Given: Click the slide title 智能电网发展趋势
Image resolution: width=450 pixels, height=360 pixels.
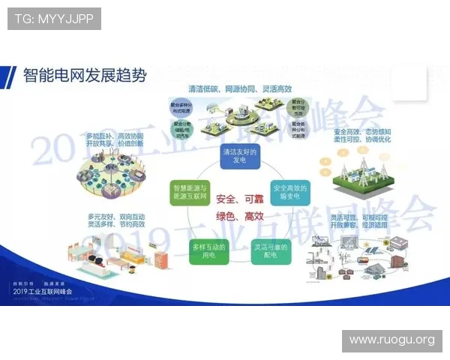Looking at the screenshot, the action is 85,76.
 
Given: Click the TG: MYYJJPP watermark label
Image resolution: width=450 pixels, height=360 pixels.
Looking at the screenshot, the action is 54,18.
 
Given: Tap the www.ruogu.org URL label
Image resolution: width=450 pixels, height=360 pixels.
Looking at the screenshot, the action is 391,340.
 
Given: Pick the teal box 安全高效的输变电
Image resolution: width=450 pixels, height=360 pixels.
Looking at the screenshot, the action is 289,191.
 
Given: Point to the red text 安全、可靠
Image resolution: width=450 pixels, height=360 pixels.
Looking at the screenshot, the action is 239,199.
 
